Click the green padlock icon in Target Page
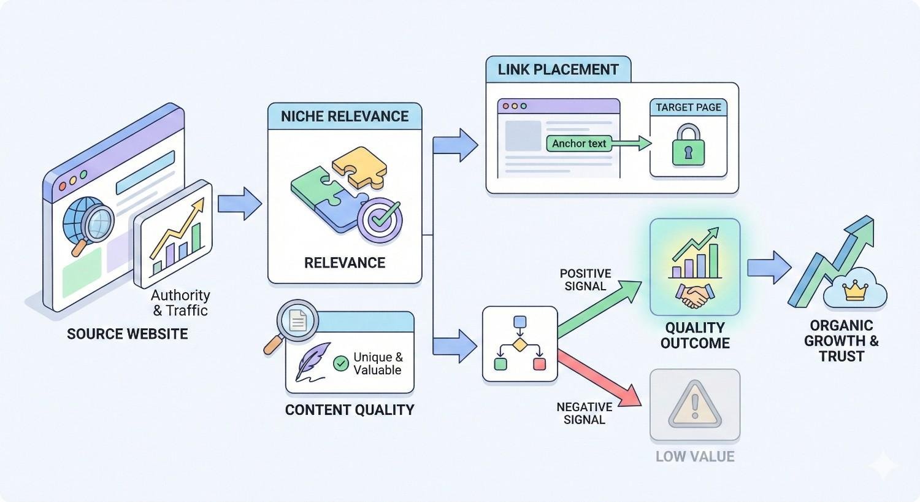tap(688, 146)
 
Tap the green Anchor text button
tap(579, 144)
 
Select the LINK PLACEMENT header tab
tap(558, 69)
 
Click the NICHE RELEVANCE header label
tap(345, 117)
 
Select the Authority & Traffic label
tap(180, 303)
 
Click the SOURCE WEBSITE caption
tap(128, 334)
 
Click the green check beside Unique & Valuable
tap(340, 363)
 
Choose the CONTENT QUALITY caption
tap(350, 410)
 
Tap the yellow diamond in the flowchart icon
tap(519, 344)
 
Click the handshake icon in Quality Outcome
tap(694, 296)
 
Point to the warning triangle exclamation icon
tap(694, 406)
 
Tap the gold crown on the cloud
tap(854, 290)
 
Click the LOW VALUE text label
tap(695, 457)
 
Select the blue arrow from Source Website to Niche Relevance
tap(239, 204)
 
